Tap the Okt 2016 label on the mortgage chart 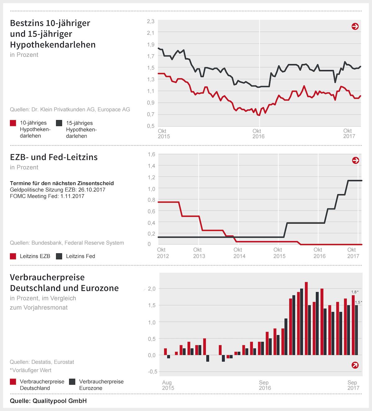point(258,134)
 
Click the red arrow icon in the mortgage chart point(355,27)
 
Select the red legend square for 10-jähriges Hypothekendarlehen point(13,123)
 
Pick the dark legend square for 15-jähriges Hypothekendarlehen point(59,123)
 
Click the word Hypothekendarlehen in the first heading point(53,45)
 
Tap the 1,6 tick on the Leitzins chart point(151,154)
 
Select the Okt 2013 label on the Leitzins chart point(199,253)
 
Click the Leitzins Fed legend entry point(76,256)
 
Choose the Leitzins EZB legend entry point(30,256)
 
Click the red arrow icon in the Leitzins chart point(356,160)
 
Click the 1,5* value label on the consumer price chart point(358,302)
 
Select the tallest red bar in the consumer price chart point(306,318)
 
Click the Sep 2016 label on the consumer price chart point(264,385)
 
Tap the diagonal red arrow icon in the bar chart point(355,365)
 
